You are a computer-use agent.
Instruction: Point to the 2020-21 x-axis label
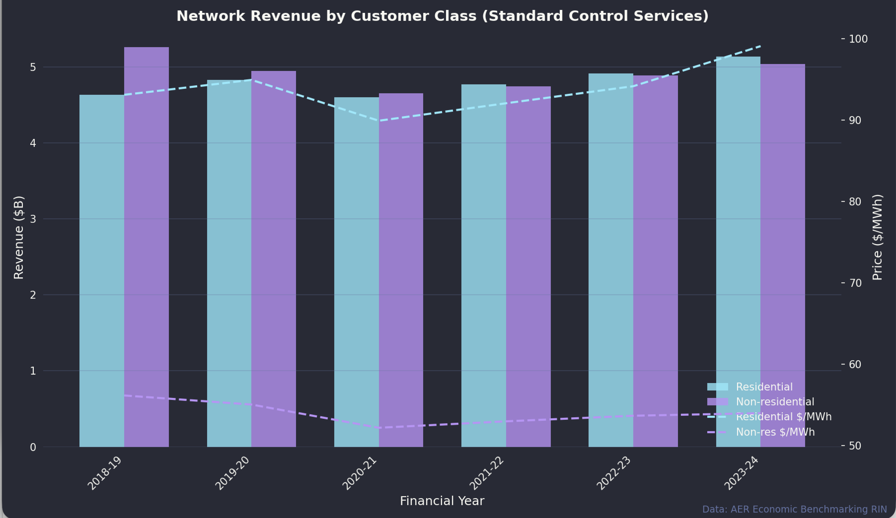click(x=359, y=473)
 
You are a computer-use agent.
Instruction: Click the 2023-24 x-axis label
click(x=741, y=473)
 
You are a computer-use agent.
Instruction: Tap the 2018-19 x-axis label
click(x=105, y=473)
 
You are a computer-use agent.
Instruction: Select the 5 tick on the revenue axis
click(x=33, y=67)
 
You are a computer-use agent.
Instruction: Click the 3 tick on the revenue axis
click(x=33, y=219)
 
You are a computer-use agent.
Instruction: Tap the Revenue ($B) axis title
click(x=18, y=237)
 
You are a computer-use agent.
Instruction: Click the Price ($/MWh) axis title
click(x=878, y=237)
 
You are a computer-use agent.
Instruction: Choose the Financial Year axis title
click(x=442, y=501)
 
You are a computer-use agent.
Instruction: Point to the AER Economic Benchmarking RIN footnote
click(x=794, y=509)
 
